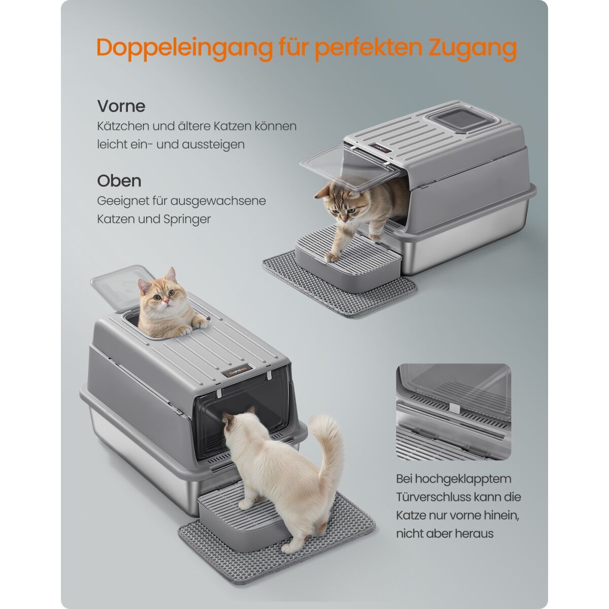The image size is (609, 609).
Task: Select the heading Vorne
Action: click(121, 106)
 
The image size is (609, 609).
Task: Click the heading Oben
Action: click(119, 181)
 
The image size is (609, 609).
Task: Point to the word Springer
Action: click(187, 220)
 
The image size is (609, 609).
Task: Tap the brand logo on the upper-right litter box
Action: click(380, 147)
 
